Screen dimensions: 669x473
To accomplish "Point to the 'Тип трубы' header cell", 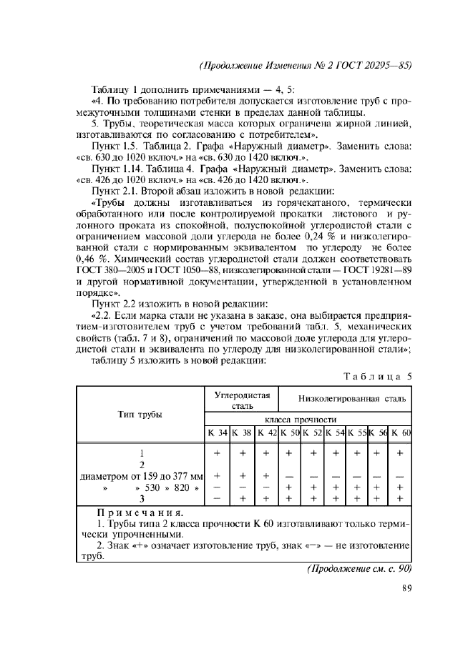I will coord(140,415).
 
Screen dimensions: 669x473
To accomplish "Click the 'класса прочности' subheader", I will coord(307,419).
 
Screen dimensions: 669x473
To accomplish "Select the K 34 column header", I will coord(218,434).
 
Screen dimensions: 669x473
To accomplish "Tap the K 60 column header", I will coord(401,434).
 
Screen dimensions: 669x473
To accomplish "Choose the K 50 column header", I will coord(289,434).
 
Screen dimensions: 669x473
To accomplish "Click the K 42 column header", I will coord(265,434).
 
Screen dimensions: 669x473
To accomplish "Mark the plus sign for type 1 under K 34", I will coord(217,453).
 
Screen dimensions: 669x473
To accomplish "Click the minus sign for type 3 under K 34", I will coord(217,498).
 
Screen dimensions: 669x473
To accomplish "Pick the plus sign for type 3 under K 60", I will coord(400,498).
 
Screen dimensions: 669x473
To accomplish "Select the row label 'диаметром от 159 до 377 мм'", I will coord(140,475).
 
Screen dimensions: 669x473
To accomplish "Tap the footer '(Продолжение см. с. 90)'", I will coord(359,570).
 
